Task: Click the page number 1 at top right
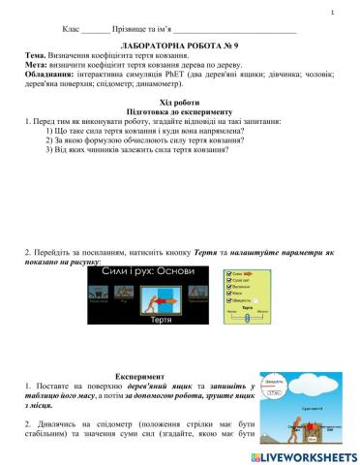pyautogui.click(x=332, y=14)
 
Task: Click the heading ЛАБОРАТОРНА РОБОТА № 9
pyautogui.click(x=179, y=46)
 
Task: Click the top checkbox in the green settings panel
pyautogui.click(x=227, y=274)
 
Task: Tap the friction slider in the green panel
pyautogui.click(x=246, y=315)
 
